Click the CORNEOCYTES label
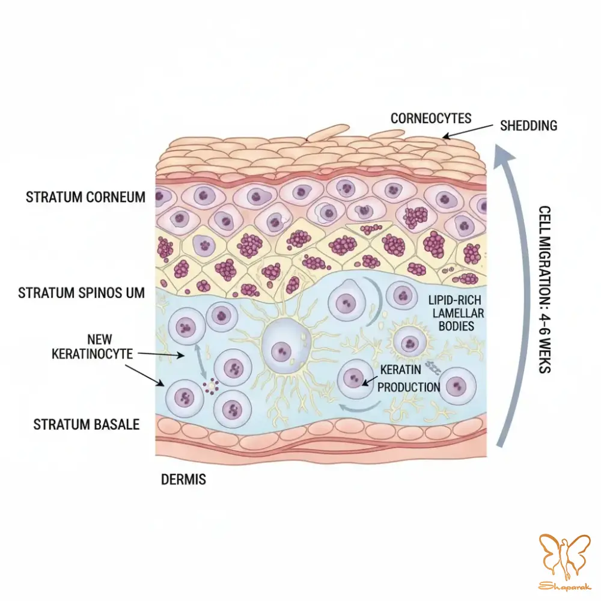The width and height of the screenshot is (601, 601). [431, 118]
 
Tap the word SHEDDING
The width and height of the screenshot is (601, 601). [528, 126]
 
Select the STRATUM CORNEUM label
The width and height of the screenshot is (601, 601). [85, 197]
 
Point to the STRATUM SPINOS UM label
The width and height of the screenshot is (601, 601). [81, 293]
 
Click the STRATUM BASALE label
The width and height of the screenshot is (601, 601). [86, 425]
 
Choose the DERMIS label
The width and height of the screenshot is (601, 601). [183, 480]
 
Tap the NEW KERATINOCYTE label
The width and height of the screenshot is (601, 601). [93, 347]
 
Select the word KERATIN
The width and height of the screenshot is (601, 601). [400, 370]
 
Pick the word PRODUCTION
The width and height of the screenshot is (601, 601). [409, 387]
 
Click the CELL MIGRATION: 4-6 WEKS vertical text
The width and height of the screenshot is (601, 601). [545, 290]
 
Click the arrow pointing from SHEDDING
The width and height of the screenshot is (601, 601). [468, 130]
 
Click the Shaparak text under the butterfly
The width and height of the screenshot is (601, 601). [564, 586]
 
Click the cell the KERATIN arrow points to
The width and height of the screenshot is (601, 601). [355, 379]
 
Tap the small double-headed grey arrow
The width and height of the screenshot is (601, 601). [201, 361]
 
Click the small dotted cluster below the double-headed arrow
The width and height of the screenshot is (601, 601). [211, 386]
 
